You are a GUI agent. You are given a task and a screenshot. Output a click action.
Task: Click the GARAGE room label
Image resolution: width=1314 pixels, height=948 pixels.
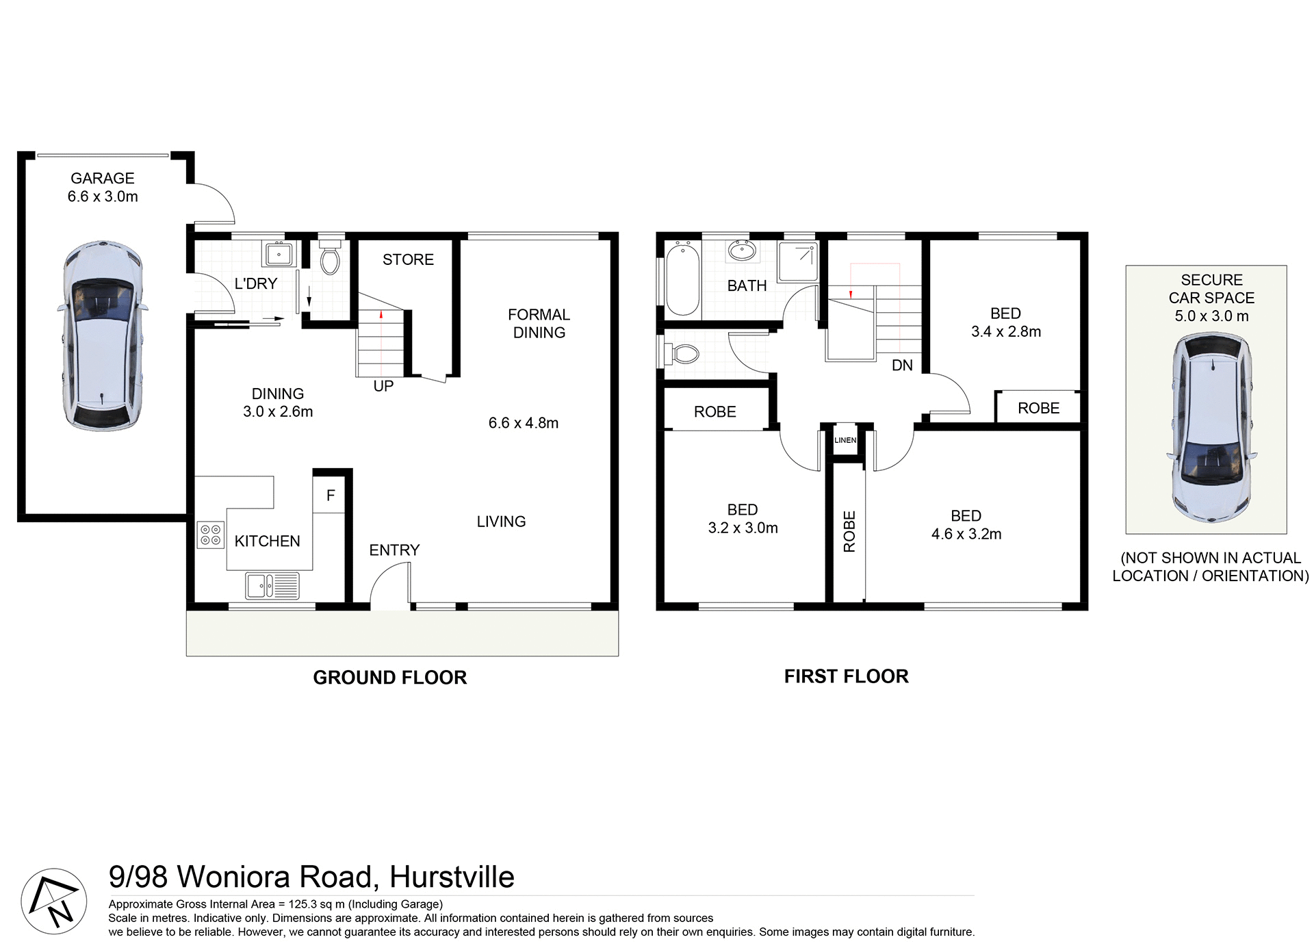tap(103, 179)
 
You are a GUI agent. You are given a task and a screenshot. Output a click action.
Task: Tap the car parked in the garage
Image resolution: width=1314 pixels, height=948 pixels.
tap(103, 335)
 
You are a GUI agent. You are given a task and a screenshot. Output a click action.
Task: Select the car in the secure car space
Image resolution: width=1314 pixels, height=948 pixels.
tap(1212, 428)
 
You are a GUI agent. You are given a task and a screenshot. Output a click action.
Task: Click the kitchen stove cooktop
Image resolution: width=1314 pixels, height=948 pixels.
tap(211, 535)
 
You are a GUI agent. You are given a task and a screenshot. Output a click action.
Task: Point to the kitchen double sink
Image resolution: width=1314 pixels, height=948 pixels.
tap(272, 586)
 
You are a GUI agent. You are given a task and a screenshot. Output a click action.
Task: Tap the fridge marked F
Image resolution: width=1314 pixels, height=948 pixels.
tap(331, 496)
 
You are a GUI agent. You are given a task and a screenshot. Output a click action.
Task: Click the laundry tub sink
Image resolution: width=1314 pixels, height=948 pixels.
tap(279, 255)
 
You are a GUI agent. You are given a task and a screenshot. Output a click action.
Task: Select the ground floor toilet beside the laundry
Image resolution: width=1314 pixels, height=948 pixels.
tap(330, 257)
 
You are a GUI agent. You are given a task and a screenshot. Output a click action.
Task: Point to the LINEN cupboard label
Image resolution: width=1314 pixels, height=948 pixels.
tap(845, 440)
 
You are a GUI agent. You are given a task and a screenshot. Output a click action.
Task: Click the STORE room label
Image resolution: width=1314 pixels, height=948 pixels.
tap(408, 259)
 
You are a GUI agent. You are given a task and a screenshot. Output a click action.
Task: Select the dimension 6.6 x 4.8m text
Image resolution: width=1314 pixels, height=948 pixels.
tap(524, 423)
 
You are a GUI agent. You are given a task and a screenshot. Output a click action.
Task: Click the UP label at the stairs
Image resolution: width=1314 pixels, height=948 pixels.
tap(383, 386)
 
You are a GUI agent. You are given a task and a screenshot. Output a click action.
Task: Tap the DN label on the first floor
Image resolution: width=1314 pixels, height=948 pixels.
tap(902, 366)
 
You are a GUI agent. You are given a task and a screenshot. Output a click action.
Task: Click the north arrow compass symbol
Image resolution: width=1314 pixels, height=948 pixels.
tap(54, 901)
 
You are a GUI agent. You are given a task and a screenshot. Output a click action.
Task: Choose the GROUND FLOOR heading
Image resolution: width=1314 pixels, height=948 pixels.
tap(389, 678)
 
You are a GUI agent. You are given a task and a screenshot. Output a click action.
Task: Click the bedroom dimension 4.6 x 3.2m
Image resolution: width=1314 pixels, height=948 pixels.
tap(966, 534)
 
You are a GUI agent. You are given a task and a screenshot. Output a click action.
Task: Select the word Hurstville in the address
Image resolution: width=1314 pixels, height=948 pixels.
tap(452, 877)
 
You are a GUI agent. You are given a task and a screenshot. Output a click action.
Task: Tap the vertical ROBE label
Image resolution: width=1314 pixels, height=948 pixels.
tap(849, 531)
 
